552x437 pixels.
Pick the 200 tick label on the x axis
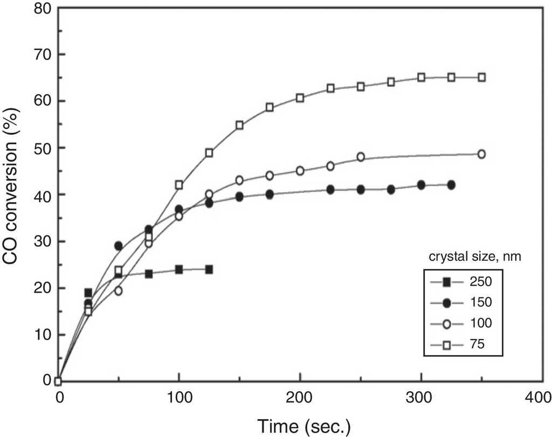(299, 398)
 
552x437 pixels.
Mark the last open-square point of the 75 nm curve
(481, 77)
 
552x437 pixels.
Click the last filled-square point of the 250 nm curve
(209, 269)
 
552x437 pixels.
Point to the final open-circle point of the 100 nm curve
(481, 154)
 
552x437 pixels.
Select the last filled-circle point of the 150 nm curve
(451, 185)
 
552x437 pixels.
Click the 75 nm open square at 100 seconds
(179, 185)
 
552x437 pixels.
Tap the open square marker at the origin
(59, 381)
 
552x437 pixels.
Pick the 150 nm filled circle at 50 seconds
(119, 246)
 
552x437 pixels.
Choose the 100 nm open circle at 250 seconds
(361, 157)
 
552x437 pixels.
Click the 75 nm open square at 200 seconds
(300, 98)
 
